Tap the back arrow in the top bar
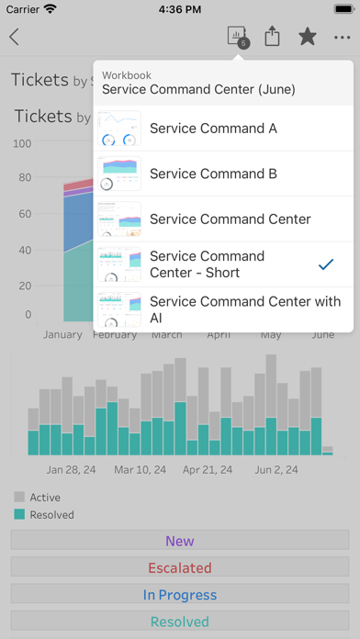click(x=15, y=38)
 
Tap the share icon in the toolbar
click(x=272, y=37)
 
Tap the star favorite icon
click(x=307, y=37)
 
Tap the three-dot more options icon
click(x=343, y=38)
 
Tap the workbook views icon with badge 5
click(x=237, y=37)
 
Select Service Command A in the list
click(x=213, y=129)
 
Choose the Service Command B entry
click(x=213, y=174)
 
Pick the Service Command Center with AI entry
click(x=244, y=309)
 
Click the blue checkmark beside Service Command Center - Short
click(x=325, y=264)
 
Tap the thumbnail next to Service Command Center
click(x=119, y=219)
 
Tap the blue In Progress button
click(x=180, y=595)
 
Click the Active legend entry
click(x=44, y=498)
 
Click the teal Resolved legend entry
click(x=51, y=515)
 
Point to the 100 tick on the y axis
click(x=22, y=144)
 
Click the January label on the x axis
click(x=62, y=335)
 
